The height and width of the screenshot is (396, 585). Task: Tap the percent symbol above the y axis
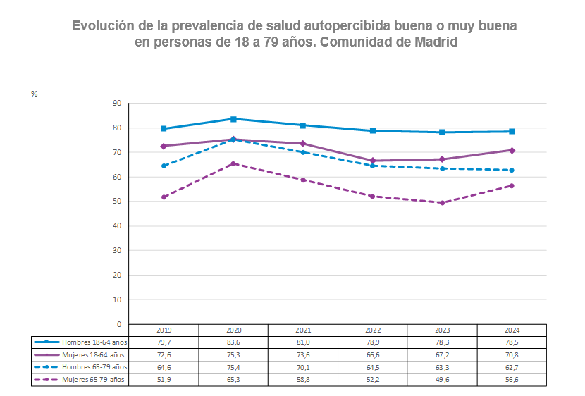coord(34,94)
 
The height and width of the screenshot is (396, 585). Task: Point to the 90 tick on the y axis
coord(117,104)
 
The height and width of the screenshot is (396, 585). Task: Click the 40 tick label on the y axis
coord(117,226)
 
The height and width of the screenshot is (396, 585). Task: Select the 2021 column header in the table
coord(303,330)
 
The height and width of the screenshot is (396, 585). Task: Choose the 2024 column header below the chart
coord(512,330)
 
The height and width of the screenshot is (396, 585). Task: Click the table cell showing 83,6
coord(233,342)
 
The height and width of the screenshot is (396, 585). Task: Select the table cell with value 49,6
coord(442,380)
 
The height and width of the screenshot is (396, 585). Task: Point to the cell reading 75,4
coord(233,367)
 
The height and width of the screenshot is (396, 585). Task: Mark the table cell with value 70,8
coord(512,354)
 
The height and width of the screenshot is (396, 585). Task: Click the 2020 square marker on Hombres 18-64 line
coord(233,119)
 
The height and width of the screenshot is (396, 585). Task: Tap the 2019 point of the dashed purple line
coord(164,197)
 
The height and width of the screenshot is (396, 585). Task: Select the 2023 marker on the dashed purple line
coord(442,203)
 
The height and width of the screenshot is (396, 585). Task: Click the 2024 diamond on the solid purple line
coord(512,151)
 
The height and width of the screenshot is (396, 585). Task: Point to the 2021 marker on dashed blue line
coord(303,152)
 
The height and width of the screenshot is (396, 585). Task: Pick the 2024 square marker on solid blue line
coord(512,132)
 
